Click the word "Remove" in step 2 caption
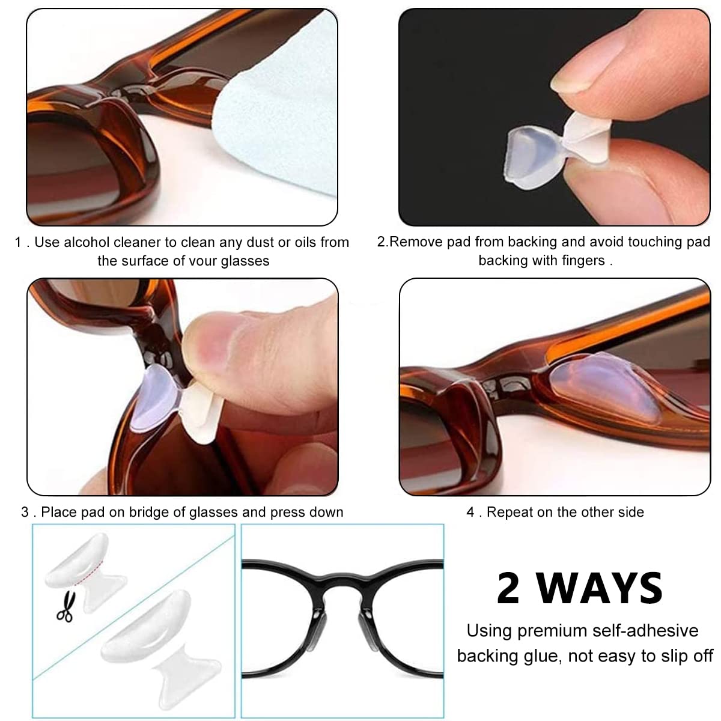(x=416, y=242)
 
